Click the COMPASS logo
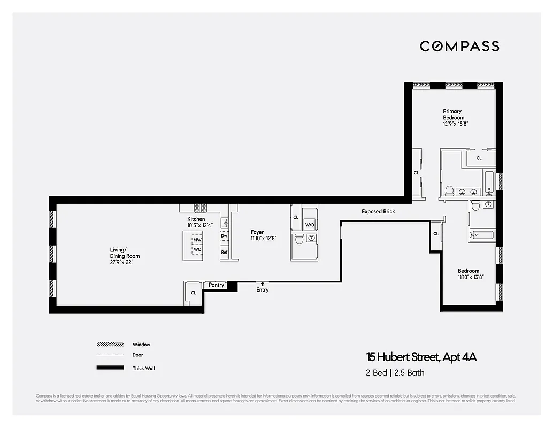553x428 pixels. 459,46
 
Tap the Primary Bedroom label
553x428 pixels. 453,114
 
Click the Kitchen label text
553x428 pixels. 196,219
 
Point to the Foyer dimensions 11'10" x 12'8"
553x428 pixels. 263,239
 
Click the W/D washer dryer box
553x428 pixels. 310,225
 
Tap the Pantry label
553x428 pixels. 216,285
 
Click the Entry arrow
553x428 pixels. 262,284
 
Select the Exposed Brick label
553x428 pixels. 378,212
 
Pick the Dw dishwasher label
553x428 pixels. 224,236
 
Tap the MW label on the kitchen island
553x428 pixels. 197,240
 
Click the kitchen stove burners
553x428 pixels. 200,209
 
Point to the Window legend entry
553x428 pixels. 141,345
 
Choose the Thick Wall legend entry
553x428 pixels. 143,368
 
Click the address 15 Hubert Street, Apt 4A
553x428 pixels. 421,357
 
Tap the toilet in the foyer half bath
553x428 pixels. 299,239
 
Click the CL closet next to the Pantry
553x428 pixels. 193,293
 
